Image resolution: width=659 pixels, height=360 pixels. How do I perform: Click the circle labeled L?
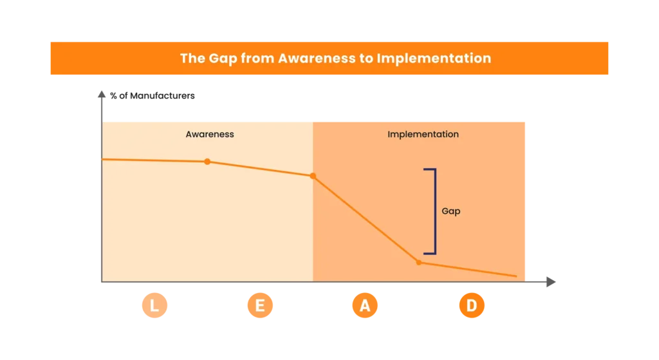[154, 305]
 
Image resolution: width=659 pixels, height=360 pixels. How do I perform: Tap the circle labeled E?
[260, 305]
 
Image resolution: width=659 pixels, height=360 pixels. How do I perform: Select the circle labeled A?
[365, 305]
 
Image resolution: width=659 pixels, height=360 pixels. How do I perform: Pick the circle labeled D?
[472, 305]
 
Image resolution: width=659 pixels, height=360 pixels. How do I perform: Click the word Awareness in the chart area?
[210, 134]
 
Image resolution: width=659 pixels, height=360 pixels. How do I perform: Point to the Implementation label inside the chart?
[423, 135]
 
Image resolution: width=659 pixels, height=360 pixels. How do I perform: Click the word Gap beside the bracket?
[451, 211]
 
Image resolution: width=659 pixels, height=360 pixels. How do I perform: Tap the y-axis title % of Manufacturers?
[152, 96]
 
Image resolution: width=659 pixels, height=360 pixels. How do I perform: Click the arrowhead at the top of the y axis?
[102, 94]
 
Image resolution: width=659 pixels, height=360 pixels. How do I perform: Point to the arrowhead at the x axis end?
[551, 282]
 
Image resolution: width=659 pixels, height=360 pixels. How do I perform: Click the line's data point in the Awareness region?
[207, 162]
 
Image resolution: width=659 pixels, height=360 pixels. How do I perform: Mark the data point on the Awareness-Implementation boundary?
[313, 176]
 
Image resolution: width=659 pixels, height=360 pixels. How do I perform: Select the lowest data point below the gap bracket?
[418, 262]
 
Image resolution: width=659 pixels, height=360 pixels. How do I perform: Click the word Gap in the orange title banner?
[223, 59]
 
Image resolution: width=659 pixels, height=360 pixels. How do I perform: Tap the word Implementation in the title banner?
[434, 59]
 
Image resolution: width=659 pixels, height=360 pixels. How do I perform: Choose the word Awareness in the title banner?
[317, 58]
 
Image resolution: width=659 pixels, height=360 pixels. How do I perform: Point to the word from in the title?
[257, 58]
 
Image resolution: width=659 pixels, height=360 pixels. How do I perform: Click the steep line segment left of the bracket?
[366, 219]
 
